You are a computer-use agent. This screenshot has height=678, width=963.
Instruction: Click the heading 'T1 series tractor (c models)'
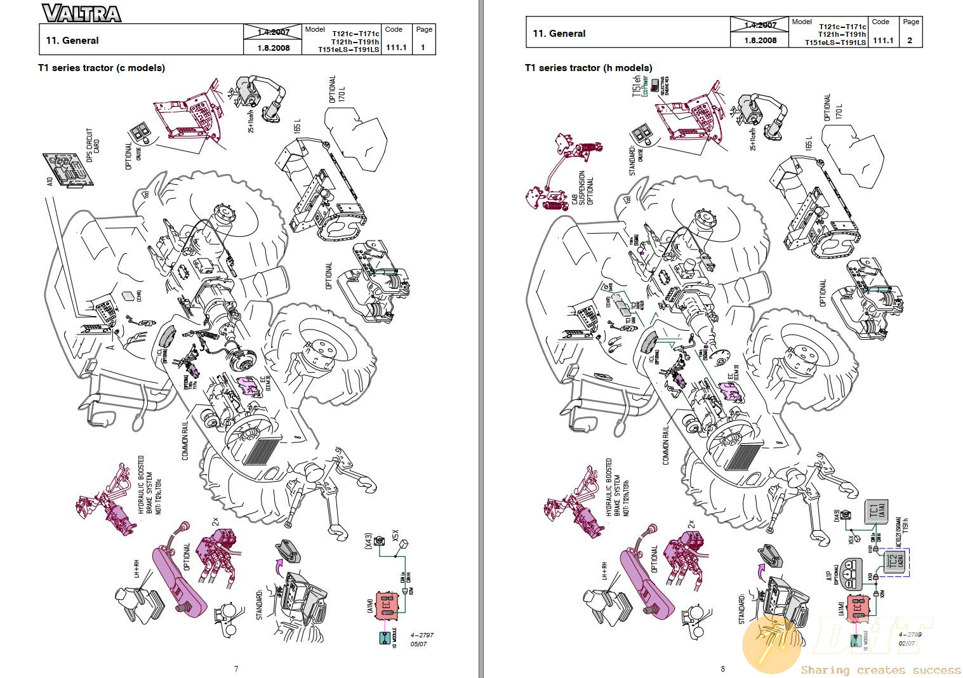[102, 68]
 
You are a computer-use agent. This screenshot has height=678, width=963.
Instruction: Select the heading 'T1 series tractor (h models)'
[588, 68]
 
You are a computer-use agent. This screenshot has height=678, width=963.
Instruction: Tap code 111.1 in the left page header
[395, 47]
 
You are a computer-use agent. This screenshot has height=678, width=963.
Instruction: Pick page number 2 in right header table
[910, 40]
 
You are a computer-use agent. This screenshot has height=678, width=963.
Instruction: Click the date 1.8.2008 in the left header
[274, 48]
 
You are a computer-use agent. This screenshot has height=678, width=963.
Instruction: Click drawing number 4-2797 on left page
[422, 635]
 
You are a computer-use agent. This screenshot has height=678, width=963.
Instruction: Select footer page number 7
[236, 668]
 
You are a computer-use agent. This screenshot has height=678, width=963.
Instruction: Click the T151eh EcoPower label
[639, 86]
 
